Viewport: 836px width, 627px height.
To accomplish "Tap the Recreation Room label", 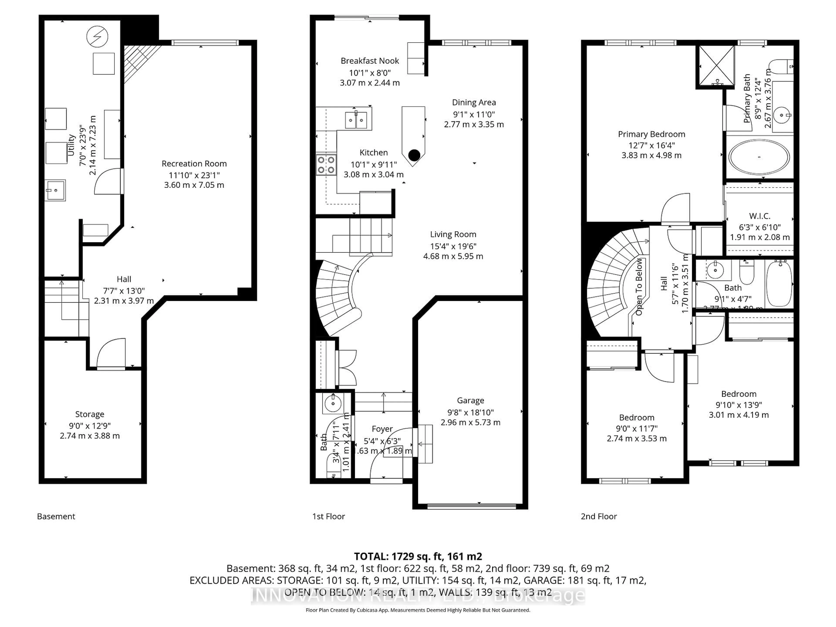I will pos(194,164).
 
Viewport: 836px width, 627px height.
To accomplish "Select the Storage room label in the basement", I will pos(89,414).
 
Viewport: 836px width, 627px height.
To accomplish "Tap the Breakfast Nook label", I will pos(370,61).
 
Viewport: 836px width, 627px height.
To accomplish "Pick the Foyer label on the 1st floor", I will pos(382,429).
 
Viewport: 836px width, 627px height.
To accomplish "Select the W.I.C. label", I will pos(759,216).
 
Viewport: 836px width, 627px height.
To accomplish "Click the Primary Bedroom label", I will pos(651,134).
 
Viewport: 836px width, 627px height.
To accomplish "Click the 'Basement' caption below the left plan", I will pos(56,516).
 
